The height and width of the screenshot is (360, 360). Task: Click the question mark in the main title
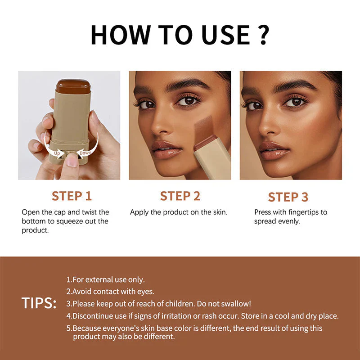[x=264, y=34]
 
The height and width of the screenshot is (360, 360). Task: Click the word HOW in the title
[x=118, y=34]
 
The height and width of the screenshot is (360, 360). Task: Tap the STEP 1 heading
[x=72, y=196]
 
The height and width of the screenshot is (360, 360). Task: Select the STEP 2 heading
[x=180, y=196]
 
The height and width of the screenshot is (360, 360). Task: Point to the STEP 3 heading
[x=288, y=197]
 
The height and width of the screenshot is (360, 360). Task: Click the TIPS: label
[x=39, y=303]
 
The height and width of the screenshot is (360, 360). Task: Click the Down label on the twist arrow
[x=85, y=153]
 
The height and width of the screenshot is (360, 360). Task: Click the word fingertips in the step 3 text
[x=300, y=212]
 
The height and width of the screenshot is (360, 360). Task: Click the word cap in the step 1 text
[x=66, y=212]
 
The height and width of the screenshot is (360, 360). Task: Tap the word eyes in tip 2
[x=146, y=292]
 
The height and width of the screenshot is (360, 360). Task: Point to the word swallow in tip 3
[x=237, y=304]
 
